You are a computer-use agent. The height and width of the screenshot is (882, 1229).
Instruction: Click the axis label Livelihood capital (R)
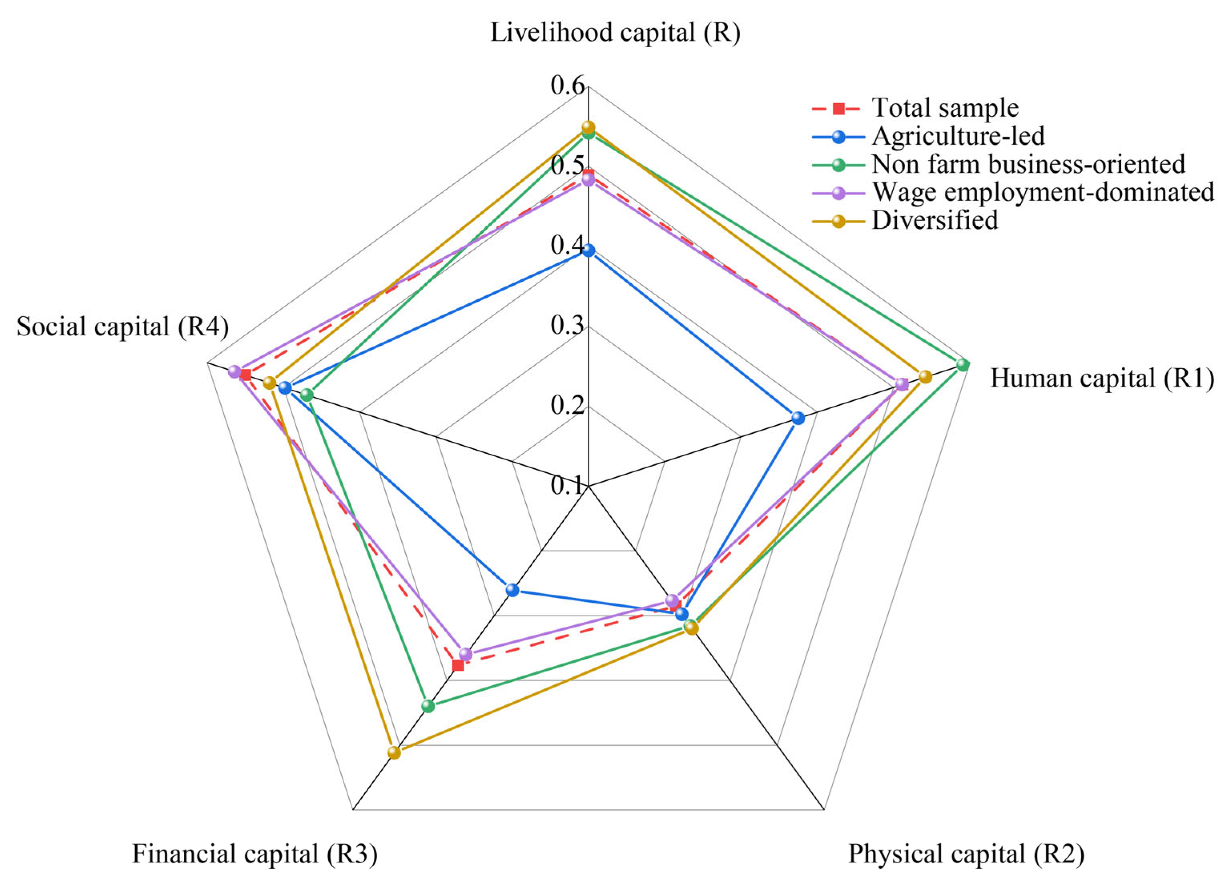tap(615, 32)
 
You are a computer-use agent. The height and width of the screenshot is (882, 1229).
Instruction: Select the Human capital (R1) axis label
tap(1102, 378)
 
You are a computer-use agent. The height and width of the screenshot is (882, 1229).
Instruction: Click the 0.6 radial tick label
tap(567, 85)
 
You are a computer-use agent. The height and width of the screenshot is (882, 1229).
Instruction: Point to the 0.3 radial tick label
tap(567, 326)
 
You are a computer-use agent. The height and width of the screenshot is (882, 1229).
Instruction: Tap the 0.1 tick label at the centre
tap(567, 485)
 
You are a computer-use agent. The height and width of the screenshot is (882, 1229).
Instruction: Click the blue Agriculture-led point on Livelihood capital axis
tap(588, 250)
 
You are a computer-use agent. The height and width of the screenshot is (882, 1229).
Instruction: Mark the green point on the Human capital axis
tap(963, 365)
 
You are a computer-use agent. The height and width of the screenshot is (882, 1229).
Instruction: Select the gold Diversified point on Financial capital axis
tap(394, 752)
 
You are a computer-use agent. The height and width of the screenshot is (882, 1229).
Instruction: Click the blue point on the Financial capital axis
tap(512, 590)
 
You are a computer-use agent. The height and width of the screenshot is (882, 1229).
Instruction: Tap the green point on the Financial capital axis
tap(428, 706)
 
